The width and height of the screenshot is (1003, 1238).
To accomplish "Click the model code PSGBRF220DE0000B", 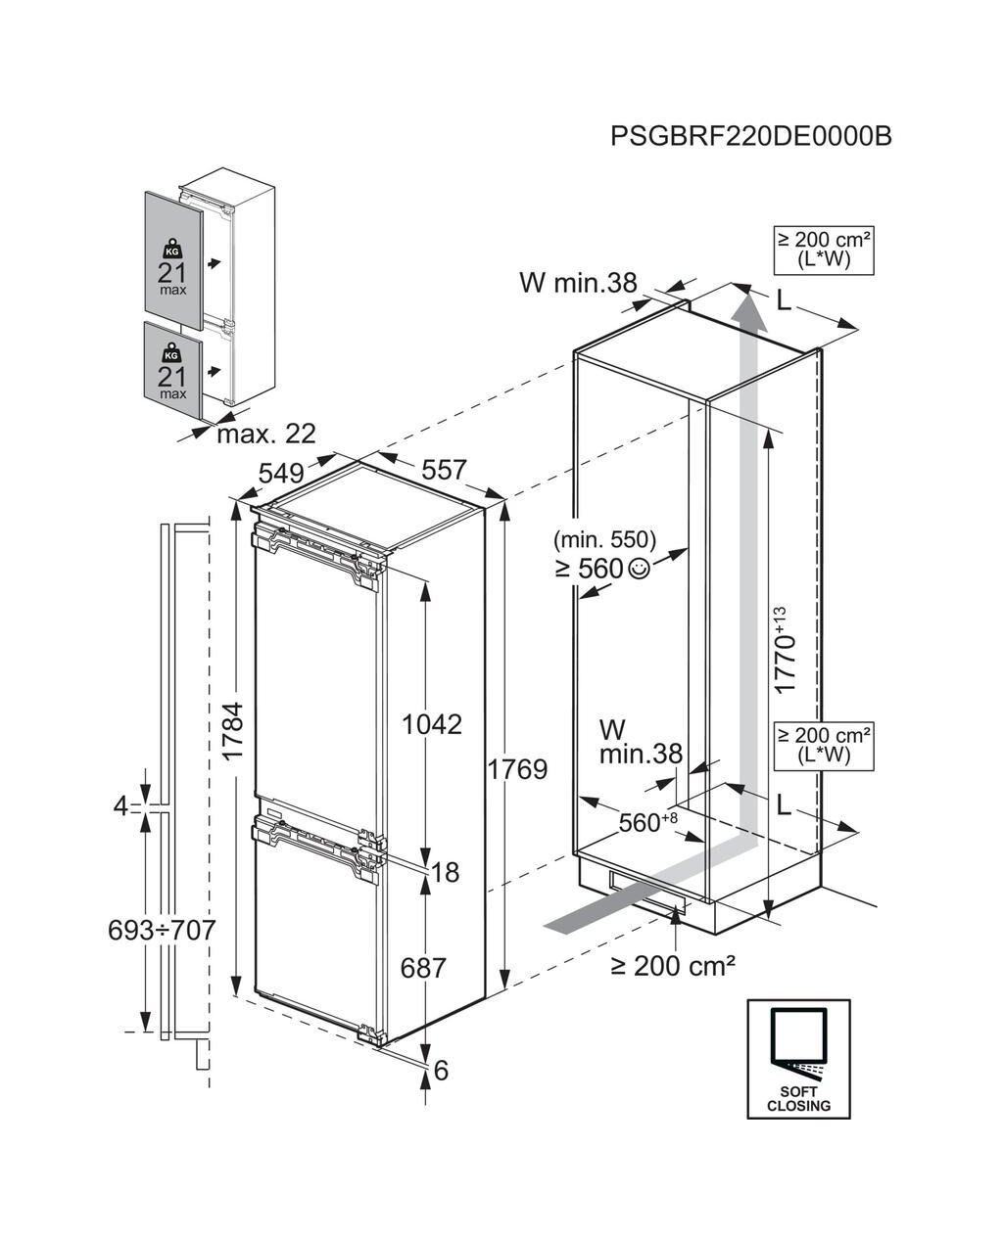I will click(750, 135).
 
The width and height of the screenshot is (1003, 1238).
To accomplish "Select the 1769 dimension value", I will click(517, 769).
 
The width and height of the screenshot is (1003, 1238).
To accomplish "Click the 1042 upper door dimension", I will click(432, 724).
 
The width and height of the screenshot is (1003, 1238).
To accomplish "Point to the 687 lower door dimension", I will click(423, 968).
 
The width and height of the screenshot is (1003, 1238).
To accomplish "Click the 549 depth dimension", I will click(281, 473).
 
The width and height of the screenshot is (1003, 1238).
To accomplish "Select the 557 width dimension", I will click(444, 470).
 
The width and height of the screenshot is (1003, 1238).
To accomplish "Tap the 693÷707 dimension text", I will click(162, 930).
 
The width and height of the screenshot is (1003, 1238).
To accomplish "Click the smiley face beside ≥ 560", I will click(638, 568).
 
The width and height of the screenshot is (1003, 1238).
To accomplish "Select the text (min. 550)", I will click(604, 538).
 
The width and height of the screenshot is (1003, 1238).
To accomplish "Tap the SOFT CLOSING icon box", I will click(798, 1058).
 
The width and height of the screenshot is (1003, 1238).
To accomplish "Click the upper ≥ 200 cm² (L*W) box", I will click(824, 250).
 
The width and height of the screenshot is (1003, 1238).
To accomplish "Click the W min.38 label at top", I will click(578, 283).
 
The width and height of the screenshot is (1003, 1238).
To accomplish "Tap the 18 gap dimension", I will click(445, 871).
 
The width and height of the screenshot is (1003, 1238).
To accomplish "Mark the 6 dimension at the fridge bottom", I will click(441, 1071).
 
